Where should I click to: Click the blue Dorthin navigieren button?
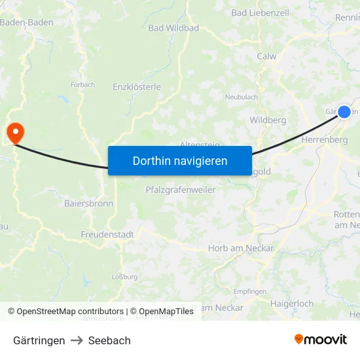180,160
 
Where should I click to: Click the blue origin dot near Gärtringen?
344,111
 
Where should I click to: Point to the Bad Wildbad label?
173,28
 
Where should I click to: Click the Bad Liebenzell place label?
259,12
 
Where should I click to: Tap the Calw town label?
266,56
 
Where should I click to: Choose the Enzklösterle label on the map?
137,86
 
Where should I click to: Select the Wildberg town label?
268,120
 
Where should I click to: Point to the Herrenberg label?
325,140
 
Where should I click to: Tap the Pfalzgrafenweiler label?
181,190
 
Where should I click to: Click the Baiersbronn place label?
88,204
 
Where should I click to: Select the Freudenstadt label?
107,234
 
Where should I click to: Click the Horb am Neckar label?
241,248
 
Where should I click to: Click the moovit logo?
321,340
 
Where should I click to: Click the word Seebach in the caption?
109,340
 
